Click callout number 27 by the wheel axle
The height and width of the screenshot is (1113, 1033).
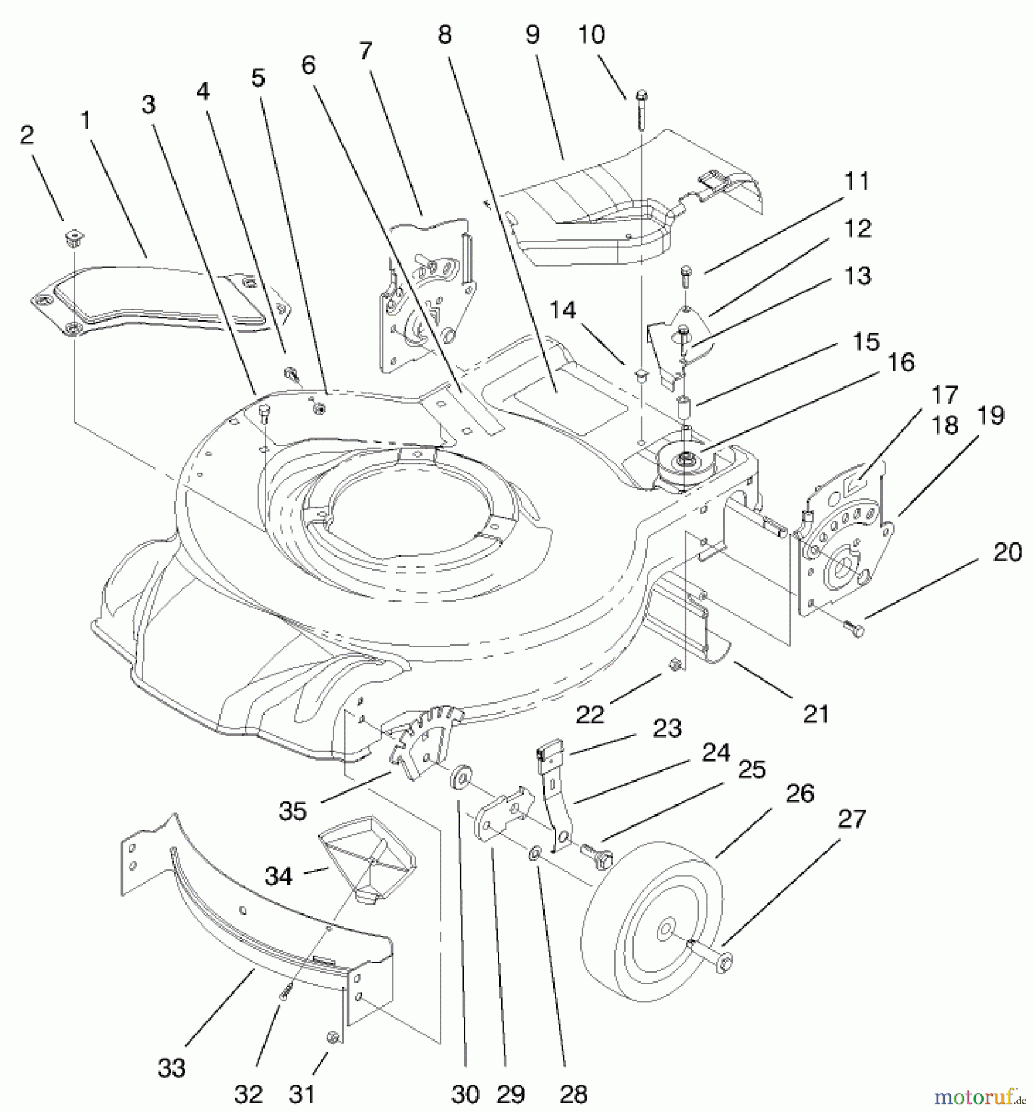pos(851,819)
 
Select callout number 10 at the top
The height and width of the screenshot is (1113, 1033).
pos(591,35)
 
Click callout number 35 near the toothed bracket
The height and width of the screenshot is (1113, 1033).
pos(292,811)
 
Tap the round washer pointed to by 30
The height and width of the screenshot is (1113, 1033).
pos(459,777)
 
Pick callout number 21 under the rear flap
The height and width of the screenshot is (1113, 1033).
pos(815,714)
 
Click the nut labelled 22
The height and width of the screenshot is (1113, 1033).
pos(676,664)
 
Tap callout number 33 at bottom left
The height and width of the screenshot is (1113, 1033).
pos(171,1067)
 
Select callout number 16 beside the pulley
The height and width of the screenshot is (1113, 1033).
pos(901,362)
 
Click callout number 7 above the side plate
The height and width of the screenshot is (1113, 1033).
pos(366,51)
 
